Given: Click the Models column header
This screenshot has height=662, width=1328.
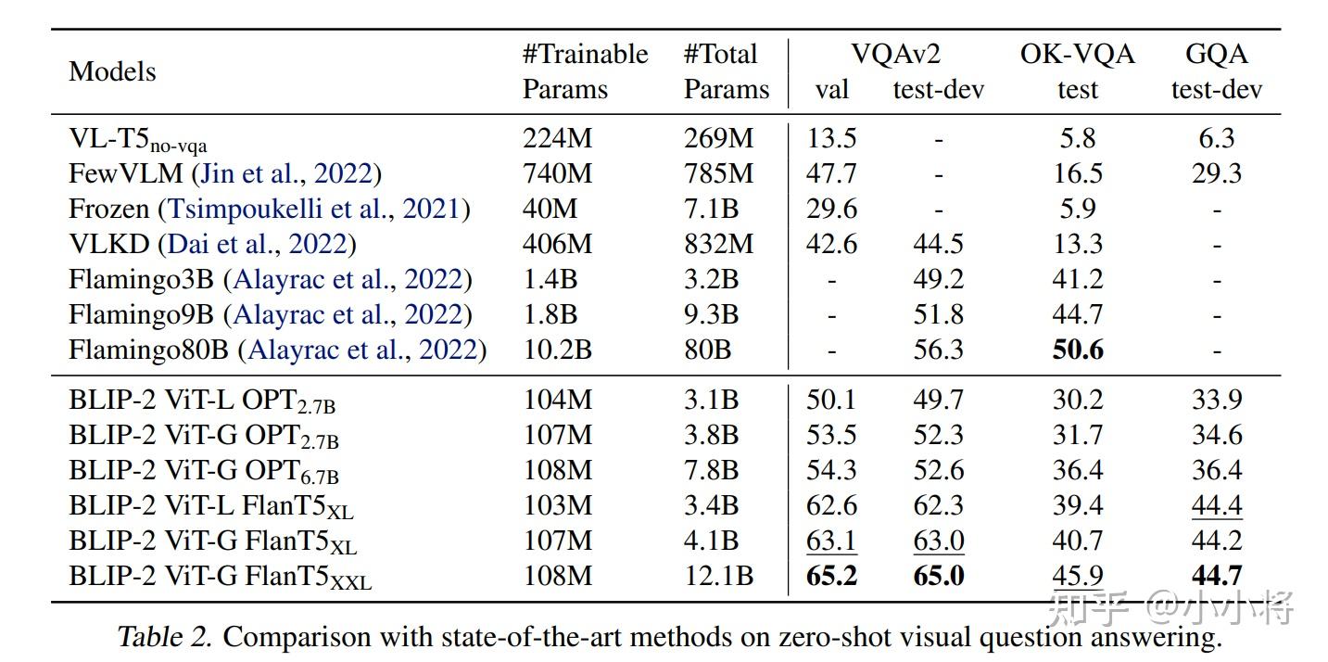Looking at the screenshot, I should tap(112, 71).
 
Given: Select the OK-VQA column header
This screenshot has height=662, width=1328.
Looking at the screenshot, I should tap(1077, 54).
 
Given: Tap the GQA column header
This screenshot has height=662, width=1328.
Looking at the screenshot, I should tap(1216, 54).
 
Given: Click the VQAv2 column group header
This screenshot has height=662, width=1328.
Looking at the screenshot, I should tap(895, 54).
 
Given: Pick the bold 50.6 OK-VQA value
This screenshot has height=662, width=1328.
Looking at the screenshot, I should tap(1077, 350).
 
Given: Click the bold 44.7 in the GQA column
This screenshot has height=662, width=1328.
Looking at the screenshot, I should tap(1216, 576).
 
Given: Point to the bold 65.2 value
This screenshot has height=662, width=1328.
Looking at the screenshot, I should tap(831, 576).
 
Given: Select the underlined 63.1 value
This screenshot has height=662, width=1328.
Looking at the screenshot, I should tap(831, 541).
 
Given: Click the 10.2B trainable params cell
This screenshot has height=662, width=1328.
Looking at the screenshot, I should tap(557, 350).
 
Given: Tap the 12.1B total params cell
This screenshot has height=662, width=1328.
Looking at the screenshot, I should tap(718, 576).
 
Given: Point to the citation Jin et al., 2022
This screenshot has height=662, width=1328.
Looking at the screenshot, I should tap(286, 173).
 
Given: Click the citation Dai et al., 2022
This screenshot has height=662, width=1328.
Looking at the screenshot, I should tap(257, 244).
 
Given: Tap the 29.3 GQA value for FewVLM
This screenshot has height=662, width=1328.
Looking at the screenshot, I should tap(1216, 173).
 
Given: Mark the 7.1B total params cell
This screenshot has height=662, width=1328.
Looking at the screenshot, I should tap(711, 209).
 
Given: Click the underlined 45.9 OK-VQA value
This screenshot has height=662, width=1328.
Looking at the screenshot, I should tap(1077, 576).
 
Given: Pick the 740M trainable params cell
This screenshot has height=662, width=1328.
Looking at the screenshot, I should tap(558, 173).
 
